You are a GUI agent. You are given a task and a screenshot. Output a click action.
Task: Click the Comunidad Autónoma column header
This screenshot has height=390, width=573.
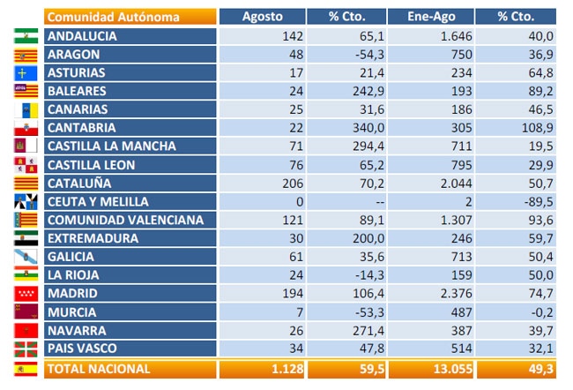tap(114, 17)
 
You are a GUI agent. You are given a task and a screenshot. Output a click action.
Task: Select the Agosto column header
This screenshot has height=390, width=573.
tap(263, 17)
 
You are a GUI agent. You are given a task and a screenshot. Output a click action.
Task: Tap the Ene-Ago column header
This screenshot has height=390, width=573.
tap(431, 17)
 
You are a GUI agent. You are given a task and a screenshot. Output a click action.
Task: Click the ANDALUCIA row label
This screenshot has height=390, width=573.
tap(82, 36)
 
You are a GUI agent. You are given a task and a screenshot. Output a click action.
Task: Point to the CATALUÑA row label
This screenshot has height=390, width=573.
tap(79, 184)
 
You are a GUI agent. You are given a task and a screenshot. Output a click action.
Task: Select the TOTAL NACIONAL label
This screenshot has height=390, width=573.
tap(99, 369)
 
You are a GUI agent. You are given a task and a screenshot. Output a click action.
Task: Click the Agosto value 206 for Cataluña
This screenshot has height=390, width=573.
tap(293, 184)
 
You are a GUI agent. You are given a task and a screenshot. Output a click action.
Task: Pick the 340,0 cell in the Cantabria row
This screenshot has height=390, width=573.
tap(368, 128)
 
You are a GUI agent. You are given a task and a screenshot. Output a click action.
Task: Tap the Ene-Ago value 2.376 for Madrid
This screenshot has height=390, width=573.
tap(456, 294)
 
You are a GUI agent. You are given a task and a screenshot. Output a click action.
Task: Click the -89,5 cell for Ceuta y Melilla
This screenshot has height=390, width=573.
tap(539, 201)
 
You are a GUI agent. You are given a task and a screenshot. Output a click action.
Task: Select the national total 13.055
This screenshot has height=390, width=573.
tap(453, 369)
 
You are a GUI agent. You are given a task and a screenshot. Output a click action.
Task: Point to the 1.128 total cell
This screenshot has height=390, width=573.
tap(287, 369)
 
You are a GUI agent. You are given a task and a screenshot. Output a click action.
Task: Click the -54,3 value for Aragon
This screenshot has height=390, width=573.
tap(370, 55)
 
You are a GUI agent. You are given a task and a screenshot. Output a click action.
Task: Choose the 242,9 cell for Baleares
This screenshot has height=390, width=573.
tap(368, 91)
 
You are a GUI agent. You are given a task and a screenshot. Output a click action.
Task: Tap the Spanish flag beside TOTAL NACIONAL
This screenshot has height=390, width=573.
tap(26, 369)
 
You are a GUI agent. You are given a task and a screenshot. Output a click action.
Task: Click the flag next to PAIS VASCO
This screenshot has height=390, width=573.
tap(26, 349)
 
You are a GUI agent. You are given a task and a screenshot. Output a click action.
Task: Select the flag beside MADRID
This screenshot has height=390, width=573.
tap(26, 294)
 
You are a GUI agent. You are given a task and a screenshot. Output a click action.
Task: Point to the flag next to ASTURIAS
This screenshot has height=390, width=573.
tap(26, 73)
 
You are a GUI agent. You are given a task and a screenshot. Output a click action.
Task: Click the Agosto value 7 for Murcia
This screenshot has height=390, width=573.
tap(300, 312)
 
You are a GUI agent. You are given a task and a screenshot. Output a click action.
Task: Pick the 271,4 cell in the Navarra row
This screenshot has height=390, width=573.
tap(368, 331)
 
